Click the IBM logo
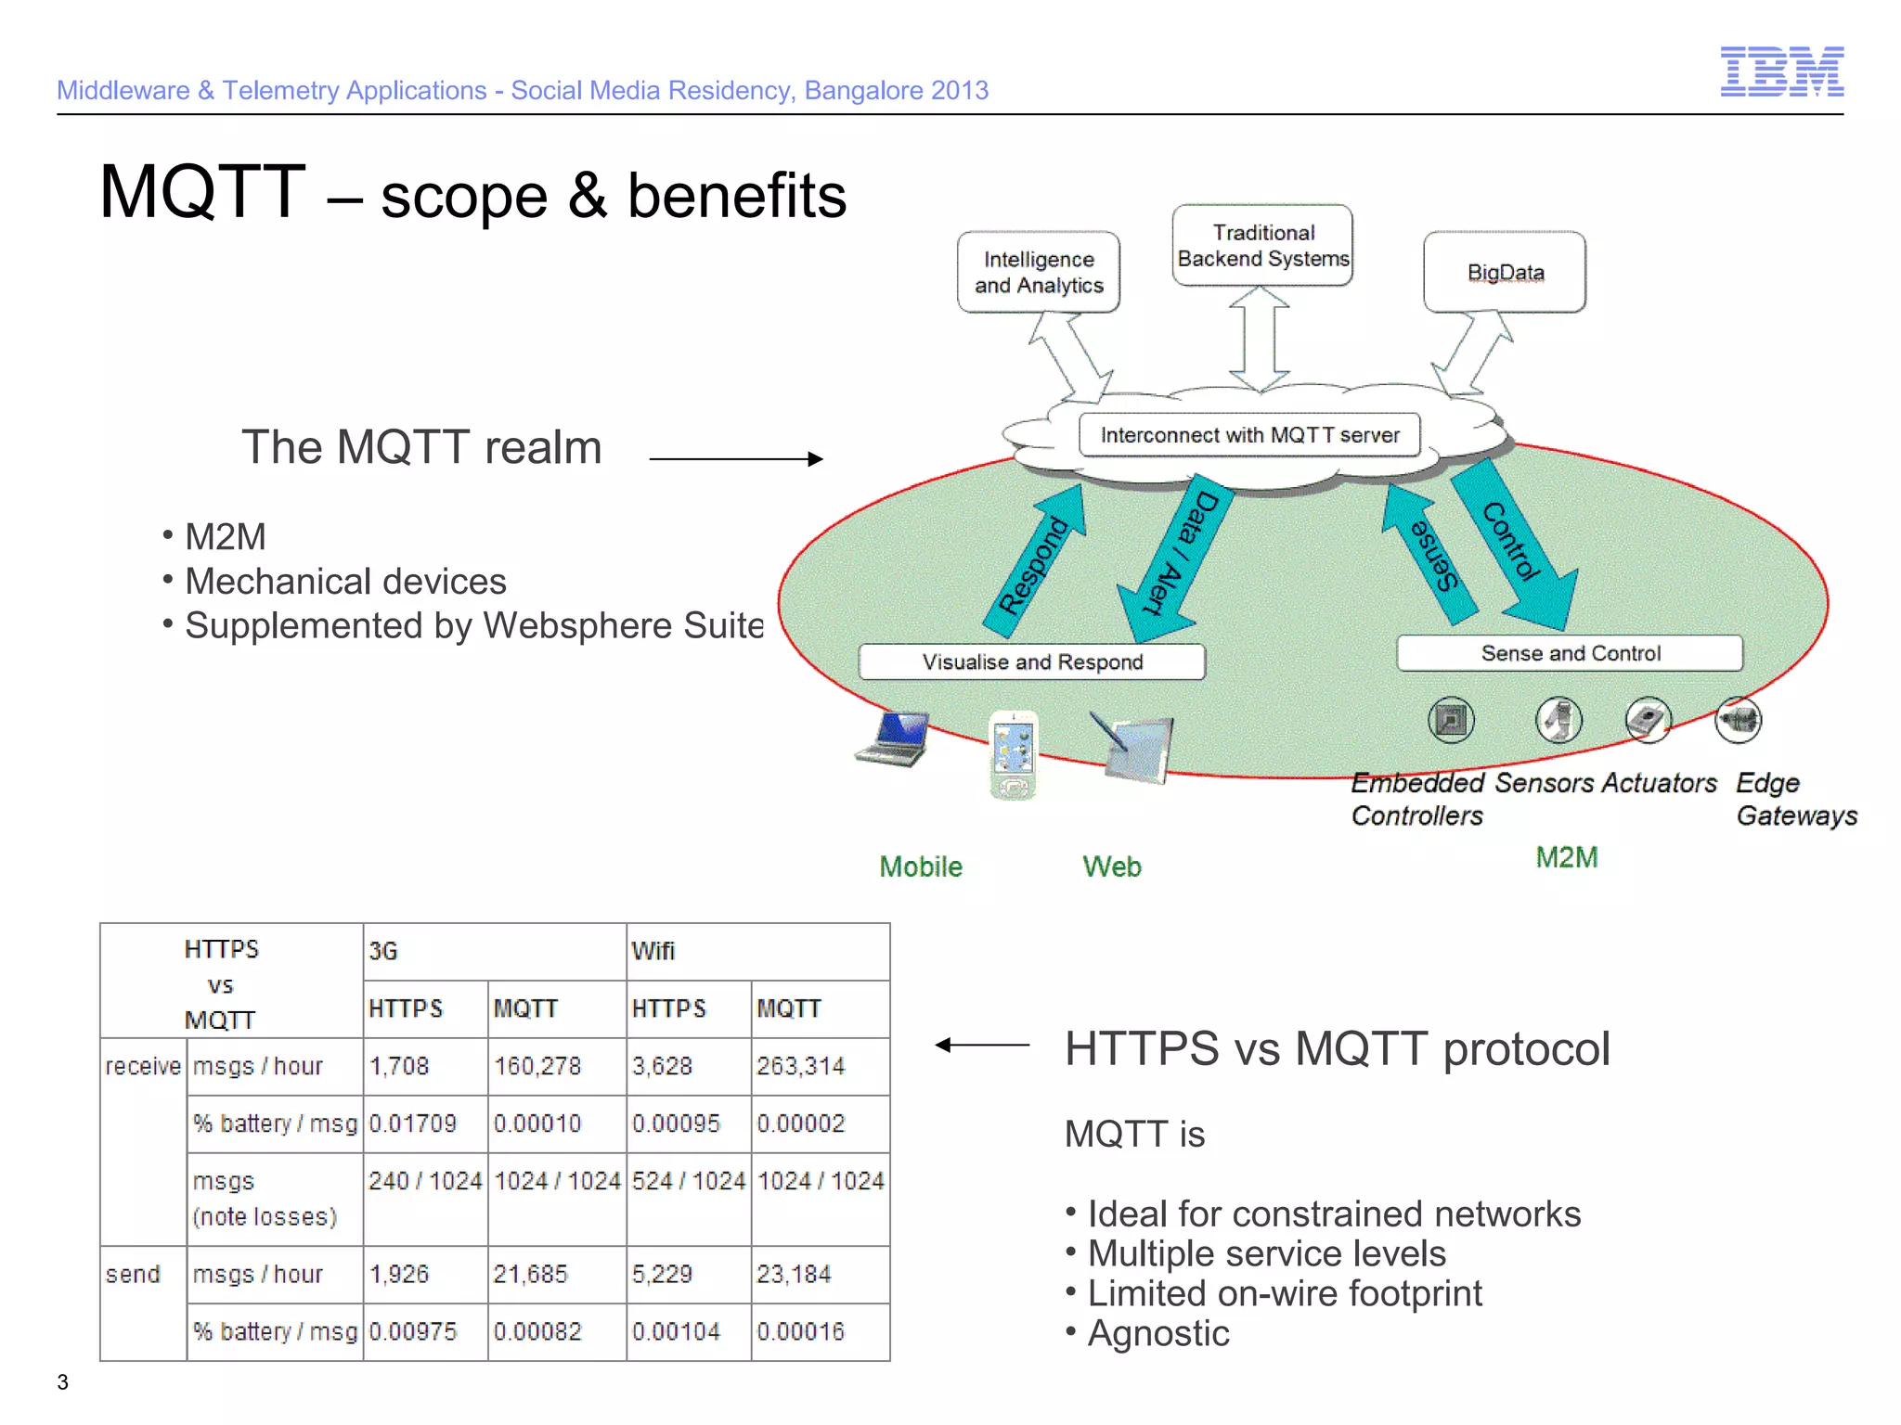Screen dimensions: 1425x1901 click(x=1781, y=71)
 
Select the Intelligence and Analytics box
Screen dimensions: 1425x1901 click(x=1038, y=272)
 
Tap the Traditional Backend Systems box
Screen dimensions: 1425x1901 click(x=1261, y=245)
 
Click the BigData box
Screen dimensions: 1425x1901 click(x=1504, y=272)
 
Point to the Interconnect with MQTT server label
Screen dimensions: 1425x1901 click(x=1249, y=435)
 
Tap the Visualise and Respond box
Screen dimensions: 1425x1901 click(x=1031, y=661)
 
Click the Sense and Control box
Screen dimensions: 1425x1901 click(x=1569, y=653)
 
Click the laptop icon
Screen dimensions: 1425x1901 click(x=893, y=738)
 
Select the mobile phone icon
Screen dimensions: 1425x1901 click(x=1013, y=754)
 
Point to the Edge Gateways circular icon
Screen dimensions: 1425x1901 click(x=1737, y=720)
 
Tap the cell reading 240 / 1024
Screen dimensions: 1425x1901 click(x=424, y=1181)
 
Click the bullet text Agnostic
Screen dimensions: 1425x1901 click(x=1157, y=1333)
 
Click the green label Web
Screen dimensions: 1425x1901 click(x=1111, y=867)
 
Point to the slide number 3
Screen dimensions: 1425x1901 click(x=62, y=1381)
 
